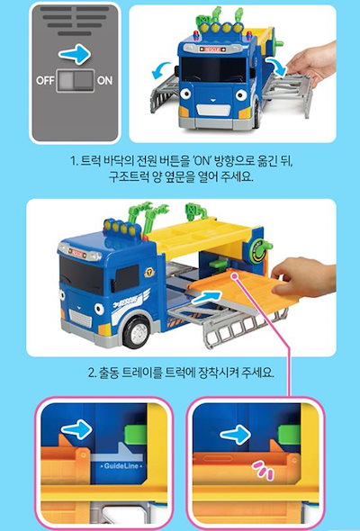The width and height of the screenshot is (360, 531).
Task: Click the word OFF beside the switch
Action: click(x=45, y=81)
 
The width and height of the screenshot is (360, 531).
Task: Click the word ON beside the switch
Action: click(x=104, y=81)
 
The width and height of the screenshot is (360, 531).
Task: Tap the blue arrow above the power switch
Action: click(x=75, y=54)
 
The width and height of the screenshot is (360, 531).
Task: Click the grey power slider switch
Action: click(x=75, y=81)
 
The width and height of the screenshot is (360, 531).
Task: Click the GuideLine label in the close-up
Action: click(x=121, y=466)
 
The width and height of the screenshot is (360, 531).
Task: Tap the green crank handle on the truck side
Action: click(x=261, y=250)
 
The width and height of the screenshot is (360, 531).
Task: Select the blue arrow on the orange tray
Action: click(x=206, y=297)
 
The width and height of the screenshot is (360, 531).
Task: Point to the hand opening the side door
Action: click(x=312, y=62)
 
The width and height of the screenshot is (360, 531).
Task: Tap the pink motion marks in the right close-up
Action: click(x=263, y=470)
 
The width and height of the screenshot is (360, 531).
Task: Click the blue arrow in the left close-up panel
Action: click(x=76, y=429)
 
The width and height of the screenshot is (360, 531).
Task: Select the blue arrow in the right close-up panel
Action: click(x=236, y=434)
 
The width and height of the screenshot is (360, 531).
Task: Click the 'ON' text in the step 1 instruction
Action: click(x=202, y=160)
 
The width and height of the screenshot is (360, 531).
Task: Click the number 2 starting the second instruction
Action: click(x=92, y=373)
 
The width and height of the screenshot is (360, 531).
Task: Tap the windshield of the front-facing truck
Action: click(x=213, y=70)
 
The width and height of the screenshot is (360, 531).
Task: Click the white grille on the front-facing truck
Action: click(x=214, y=110)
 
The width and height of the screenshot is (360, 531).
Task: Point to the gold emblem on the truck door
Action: click(x=148, y=273)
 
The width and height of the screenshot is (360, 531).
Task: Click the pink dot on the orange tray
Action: click(x=234, y=276)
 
